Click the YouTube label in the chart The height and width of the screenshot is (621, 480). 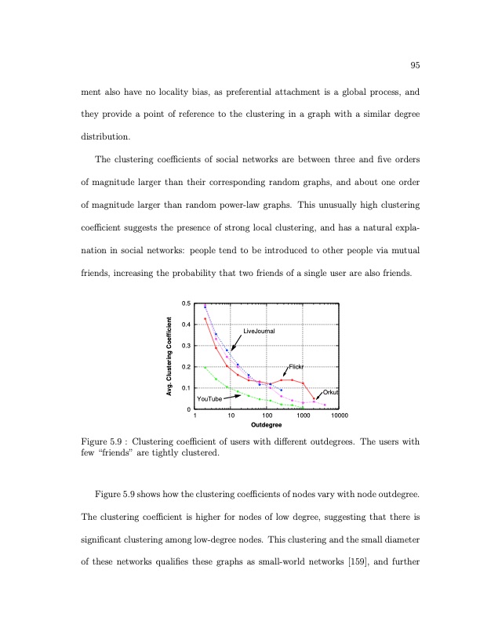tap(209, 399)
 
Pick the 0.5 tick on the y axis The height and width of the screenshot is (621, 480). tap(185, 303)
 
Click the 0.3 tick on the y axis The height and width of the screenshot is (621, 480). tap(185, 346)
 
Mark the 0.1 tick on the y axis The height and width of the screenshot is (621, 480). tap(185, 388)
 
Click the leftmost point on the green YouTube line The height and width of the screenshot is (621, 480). tap(205, 367)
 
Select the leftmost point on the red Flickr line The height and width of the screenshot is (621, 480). tap(205, 318)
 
